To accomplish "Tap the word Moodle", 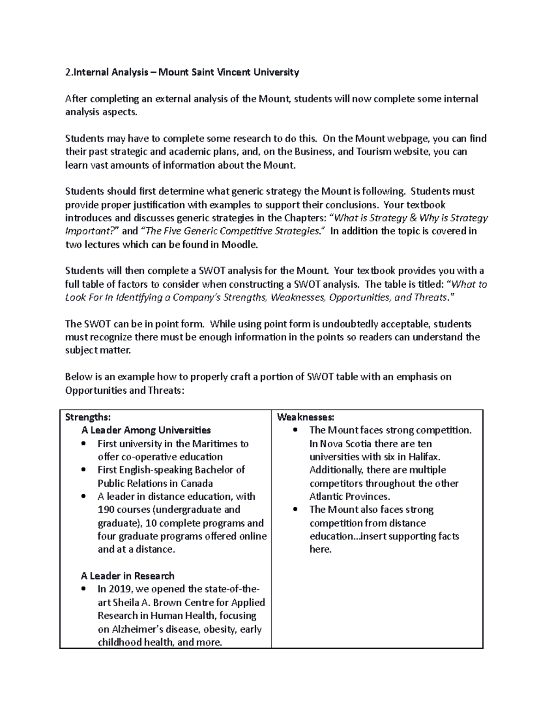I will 239,244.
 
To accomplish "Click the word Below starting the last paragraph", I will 79,377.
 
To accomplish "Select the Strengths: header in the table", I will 88,417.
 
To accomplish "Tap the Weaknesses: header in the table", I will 305,417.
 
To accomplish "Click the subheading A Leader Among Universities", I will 146,430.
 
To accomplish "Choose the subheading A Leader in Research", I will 127,576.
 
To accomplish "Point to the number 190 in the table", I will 107,509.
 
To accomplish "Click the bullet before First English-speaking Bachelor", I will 83,470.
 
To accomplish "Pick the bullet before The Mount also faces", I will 295,510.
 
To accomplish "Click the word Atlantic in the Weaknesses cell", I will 327,497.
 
